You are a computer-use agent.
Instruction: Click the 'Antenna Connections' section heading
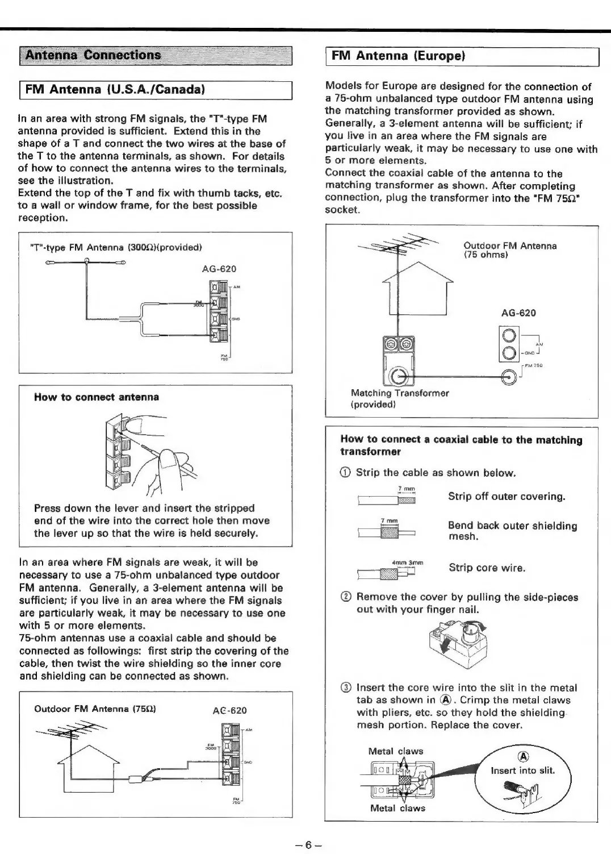pos(94,55)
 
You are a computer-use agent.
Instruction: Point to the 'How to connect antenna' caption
pos(97,397)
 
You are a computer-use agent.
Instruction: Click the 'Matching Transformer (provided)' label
pos(400,398)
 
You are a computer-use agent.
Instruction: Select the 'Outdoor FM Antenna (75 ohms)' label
pos(510,250)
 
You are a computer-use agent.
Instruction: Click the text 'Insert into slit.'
pos(522,770)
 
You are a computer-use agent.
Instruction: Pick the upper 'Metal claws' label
pos(396,751)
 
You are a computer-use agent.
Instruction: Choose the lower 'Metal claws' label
pos(397,808)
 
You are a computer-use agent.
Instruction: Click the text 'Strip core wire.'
pos(487,568)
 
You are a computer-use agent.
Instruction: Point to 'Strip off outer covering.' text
pos(507,497)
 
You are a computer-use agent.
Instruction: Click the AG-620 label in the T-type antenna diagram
pos(219,269)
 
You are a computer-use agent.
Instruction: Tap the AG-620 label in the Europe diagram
pos(518,313)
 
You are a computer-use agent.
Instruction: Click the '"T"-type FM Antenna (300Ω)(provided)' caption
pos(116,247)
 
